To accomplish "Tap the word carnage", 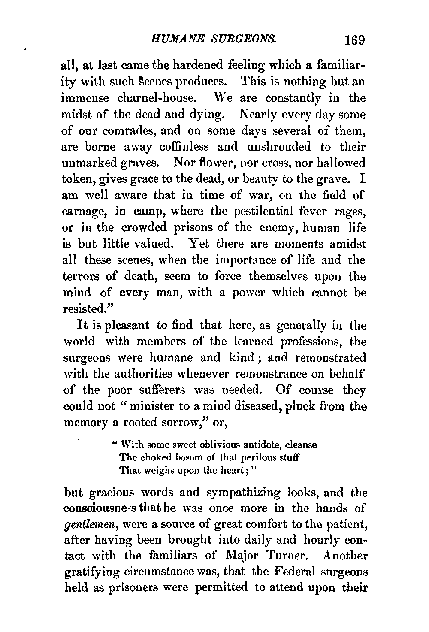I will pyautogui.click(x=86, y=212).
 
